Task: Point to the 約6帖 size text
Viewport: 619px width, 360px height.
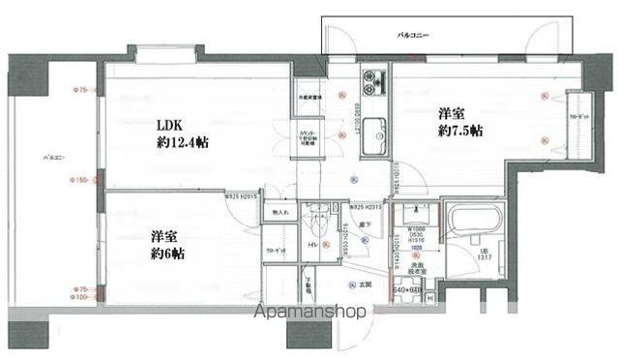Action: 166,255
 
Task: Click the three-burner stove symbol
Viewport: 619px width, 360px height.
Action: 371,79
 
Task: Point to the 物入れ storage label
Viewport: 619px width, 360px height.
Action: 279,212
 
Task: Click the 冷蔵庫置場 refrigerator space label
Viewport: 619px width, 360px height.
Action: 309,98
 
